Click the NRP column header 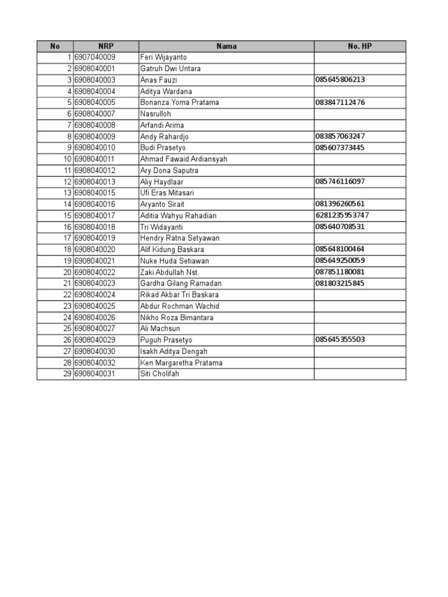pos(106,46)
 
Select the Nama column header pos(226,46)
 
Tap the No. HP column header pos(359,46)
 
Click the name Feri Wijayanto pos(163,57)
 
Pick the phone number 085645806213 pos(341,80)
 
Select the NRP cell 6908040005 pos(95,103)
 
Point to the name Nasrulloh pos(156,114)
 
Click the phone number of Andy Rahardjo pos(341,136)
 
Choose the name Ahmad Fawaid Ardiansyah pos(184,159)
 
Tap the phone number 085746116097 pos(341,181)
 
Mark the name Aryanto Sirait pos(162,204)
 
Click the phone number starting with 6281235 pos(342,215)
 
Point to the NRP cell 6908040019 pos(95,238)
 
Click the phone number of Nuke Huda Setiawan pos(341,261)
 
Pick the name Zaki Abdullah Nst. pos(170,272)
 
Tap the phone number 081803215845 pos(341,283)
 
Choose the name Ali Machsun pos(160,329)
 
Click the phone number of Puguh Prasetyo pos(341,340)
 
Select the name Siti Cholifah pos(160,374)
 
